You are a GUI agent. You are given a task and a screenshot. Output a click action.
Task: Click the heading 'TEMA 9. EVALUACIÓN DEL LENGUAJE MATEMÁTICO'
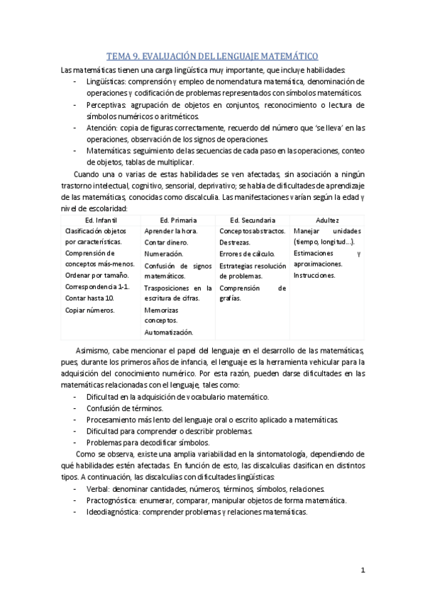point(212,55)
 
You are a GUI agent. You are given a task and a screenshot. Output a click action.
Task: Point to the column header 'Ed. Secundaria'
point(253,220)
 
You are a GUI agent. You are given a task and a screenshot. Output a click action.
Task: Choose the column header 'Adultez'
point(327,220)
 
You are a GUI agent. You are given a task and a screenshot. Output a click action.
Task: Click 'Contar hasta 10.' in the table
point(89,298)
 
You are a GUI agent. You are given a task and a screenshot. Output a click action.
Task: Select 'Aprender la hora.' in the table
point(171,231)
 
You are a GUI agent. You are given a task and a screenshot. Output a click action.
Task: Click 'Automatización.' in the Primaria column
point(168,332)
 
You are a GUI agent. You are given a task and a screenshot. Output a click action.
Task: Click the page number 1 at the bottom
point(362,569)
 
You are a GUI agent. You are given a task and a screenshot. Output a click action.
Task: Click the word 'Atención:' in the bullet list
point(102,128)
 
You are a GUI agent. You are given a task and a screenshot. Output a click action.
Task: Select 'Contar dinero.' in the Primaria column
point(166,242)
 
